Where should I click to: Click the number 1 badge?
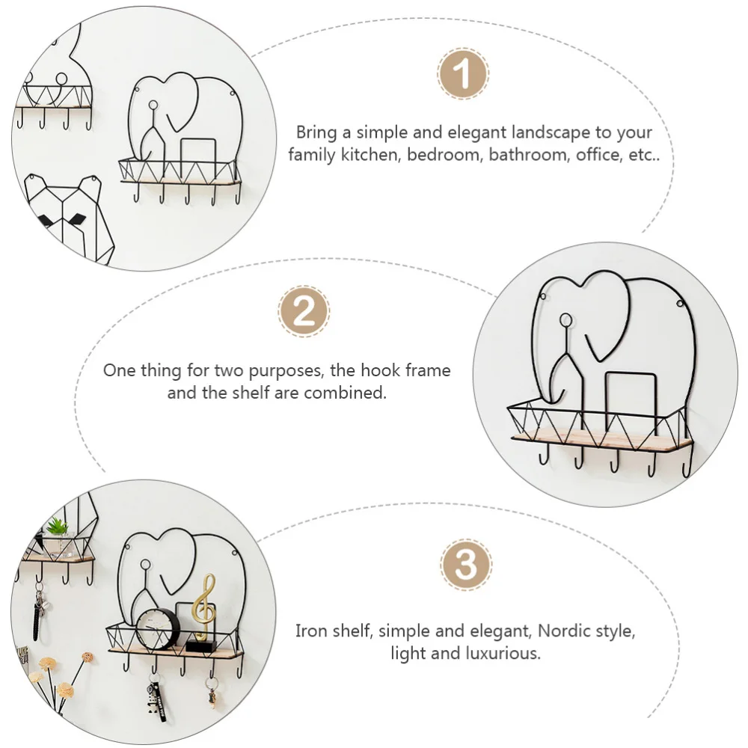coord(463,74)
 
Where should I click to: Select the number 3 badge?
coord(466,566)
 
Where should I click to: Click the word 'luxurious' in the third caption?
coord(502,653)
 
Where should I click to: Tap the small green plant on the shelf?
coord(57,528)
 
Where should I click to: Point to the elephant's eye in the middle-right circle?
coord(566,321)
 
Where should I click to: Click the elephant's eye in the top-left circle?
coord(153,105)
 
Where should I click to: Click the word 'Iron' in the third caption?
coord(311,630)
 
